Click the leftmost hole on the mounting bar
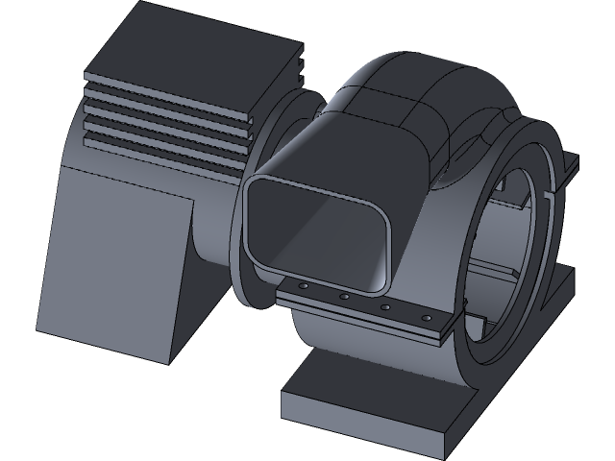point(303,286)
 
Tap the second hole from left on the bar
point(344,297)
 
